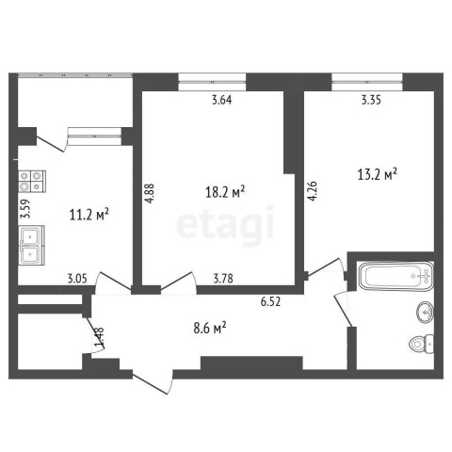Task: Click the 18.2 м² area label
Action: pos(225,192)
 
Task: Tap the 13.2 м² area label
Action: pos(378,174)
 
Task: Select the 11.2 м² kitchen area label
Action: pos(89,215)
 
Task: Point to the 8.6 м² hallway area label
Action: pos(210,328)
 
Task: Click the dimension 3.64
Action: pos(222,100)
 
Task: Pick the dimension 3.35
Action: pos(371,100)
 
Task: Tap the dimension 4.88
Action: pos(151,193)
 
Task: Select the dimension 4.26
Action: pos(313,191)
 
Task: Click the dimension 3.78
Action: pos(223,278)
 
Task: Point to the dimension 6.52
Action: pos(270,301)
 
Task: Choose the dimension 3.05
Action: pos(77,278)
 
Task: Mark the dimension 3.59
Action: pos(25,209)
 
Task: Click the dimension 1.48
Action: pos(100,338)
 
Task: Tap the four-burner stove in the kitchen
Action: pos(32,182)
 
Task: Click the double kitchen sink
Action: pos(31,245)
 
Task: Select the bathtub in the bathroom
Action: pos(395,276)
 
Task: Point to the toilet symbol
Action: pos(422,344)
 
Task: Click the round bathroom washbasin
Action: pos(425,312)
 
